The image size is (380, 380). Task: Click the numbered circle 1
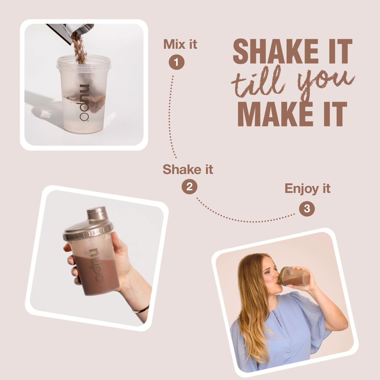coord(176,62)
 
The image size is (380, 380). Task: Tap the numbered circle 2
coord(189,186)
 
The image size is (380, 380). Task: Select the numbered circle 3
coord(307,209)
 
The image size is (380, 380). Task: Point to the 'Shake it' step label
coord(188,169)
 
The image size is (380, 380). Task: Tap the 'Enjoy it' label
coord(307,189)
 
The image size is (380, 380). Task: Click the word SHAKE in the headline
coord(275,51)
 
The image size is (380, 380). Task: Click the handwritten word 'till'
coord(258,83)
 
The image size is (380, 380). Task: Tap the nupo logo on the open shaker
coord(84,103)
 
